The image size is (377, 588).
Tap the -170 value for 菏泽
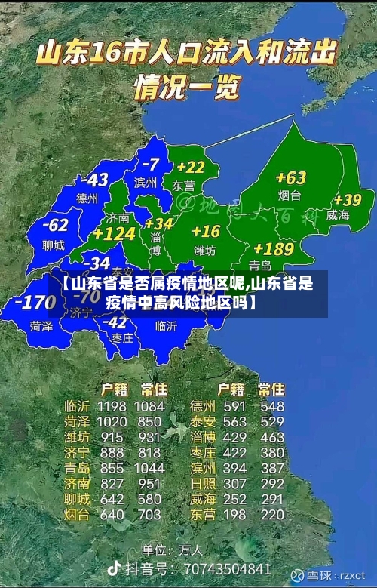[35, 303]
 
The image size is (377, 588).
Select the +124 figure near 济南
[114, 234]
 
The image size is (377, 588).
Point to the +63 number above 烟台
[291, 178]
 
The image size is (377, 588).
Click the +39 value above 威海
[348, 200]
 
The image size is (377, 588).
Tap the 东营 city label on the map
[183, 185]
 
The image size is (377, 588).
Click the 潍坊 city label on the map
[205, 250]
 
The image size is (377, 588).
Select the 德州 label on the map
[87, 199]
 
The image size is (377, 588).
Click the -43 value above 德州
[95, 180]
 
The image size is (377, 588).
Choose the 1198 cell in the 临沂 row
[112, 407]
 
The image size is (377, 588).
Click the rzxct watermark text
[352, 575]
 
